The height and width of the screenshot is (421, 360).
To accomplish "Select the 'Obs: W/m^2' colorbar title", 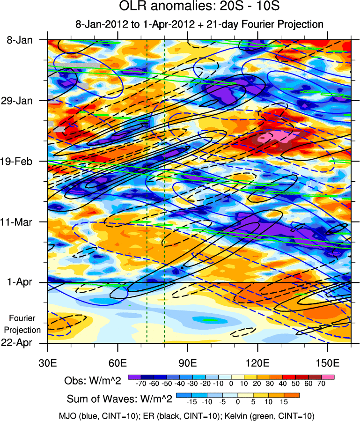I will [93, 381].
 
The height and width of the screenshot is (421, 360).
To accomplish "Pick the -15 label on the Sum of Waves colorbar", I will [192, 402].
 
